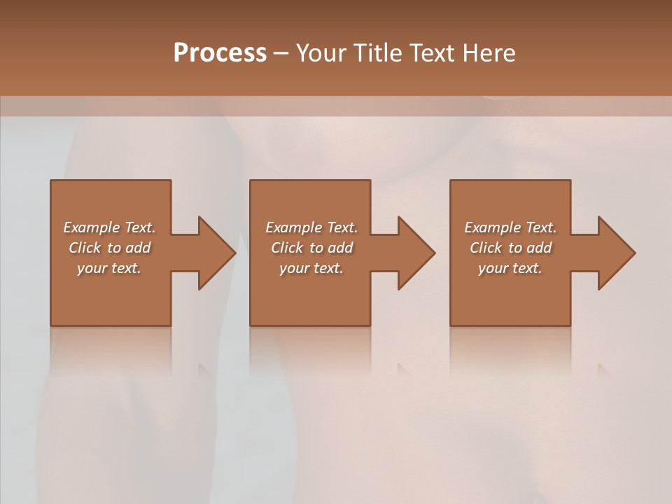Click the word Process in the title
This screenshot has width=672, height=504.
tap(220, 53)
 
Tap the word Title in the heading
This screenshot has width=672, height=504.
tap(376, 53)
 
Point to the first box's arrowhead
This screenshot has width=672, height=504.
tap(216, 253)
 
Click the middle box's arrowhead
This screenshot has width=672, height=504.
tap(416, 253)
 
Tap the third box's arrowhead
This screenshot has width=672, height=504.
tap(616, 253)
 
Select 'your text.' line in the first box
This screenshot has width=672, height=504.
tap(109, 267)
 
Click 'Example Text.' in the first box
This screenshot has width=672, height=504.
tap(109, 227)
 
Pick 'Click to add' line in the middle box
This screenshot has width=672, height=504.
tap(311, 247)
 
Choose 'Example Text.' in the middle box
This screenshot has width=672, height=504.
tap(311, 227)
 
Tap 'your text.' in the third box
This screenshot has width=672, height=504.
tap(510, 267)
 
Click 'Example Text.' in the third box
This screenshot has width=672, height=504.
tap(510, 227)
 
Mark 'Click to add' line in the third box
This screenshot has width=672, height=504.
tap(510, 247)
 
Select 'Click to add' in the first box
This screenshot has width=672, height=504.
tap(109, 247)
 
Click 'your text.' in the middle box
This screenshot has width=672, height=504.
tap(311, 267)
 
